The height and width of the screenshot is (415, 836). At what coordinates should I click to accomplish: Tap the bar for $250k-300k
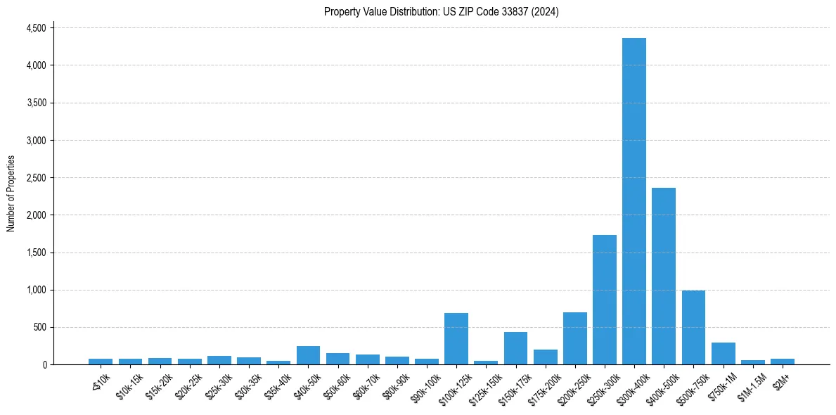[x=605, y=300]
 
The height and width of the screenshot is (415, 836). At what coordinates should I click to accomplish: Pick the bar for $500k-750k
[x=693, y=327]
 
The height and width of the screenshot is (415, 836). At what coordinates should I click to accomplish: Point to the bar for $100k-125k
[x=456, y=338]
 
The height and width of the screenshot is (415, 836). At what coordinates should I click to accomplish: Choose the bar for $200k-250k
[x=574, y=338]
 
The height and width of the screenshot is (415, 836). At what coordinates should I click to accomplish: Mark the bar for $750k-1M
[x=723, y=353]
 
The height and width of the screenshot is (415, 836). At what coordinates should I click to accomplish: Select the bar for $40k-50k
[x=308, y=355]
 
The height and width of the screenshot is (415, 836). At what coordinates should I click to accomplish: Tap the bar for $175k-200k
[x=545, y=357]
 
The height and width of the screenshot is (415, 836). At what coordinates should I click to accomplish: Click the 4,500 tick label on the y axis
[x=36, y=28]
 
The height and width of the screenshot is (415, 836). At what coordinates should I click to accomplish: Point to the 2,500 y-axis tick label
[x=36, y=178]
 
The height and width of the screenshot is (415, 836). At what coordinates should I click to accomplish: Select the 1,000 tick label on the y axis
[x=36, y=290]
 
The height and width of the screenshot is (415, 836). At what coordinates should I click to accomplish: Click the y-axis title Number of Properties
[x=11, y=193]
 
